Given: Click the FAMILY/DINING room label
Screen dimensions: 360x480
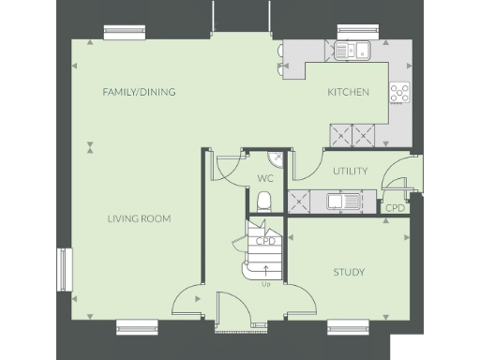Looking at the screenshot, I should pos(139,92).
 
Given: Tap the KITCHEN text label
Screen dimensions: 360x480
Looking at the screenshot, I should pos(347,92).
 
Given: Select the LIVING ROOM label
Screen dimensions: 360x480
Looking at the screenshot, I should pos(138,218).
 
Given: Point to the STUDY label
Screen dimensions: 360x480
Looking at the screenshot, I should pos(349,272).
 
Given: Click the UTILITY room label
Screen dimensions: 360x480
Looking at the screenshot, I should pos(350,171).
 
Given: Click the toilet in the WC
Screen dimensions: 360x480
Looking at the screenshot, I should pos(264,200).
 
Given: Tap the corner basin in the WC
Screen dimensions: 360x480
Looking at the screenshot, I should pos(276,158).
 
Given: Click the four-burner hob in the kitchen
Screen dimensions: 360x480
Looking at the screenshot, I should pos(400,92).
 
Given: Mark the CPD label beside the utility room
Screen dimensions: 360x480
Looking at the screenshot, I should pos(395,208).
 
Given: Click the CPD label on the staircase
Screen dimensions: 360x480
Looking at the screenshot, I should pos(266,241).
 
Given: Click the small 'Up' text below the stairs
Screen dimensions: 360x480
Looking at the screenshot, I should pos(266,284).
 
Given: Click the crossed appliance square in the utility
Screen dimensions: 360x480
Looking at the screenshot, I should pos(301,200).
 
